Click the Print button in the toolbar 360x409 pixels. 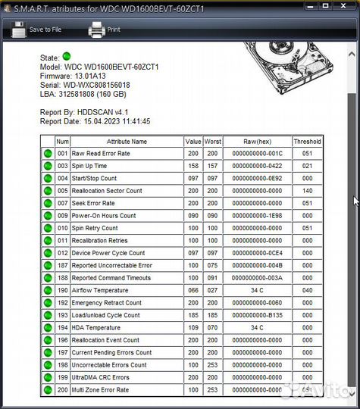click(105, 30)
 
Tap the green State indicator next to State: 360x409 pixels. click(66, 56)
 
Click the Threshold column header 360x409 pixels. click(307, 141)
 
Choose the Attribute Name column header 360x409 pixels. click(127, 141)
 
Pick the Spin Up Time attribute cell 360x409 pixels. click(89, 166)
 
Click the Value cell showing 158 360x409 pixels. click(193, 166)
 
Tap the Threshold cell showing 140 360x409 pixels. click(307, 191)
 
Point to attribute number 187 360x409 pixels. click(62, 265)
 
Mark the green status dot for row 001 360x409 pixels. click(48, 154)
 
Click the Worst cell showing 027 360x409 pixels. click(213, 290)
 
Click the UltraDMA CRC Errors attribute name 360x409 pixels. click(101, 377)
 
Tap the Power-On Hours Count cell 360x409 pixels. click(104, 216)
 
